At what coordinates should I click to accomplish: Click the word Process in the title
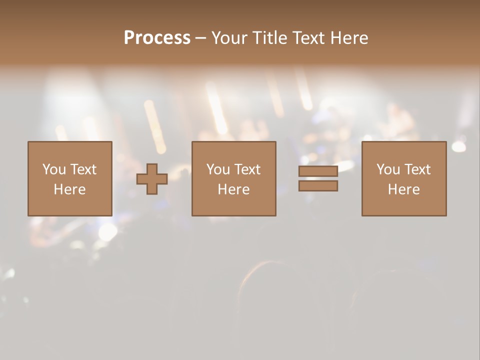click(157, 38)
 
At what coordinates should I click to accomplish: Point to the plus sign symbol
click(152, 179)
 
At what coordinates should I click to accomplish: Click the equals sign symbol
click(318, 178)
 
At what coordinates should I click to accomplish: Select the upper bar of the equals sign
click(318, 171)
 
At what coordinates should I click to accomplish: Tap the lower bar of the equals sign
click(318, 185)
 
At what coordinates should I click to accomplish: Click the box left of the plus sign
click(69, 178)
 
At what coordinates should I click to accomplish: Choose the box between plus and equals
click(233, 178)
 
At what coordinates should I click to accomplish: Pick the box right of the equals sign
click(403, 178)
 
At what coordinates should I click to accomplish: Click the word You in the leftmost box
click(54, 169)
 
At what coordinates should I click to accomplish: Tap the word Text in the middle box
click(247, 169)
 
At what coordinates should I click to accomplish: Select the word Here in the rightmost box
click(403, 189)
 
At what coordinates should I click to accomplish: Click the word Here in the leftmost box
click(69, 189)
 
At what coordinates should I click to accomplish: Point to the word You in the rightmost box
click(388, 169)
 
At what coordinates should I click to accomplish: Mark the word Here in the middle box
click(233, 189)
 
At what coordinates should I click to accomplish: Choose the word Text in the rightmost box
click(417, 169)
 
